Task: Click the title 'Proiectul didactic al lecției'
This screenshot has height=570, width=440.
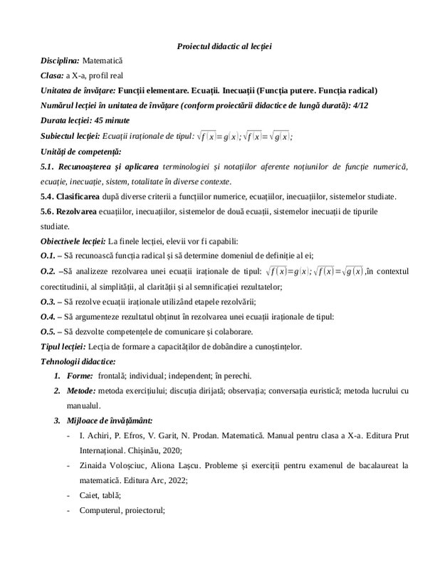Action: tap(224, 46)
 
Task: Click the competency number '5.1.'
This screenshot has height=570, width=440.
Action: tap(49, 166)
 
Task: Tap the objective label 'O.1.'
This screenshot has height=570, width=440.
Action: tap(48, 255)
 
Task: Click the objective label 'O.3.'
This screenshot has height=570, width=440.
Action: tap(48, 302)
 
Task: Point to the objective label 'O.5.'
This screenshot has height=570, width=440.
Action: tap(48, 332)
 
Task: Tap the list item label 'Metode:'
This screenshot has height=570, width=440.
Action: tap(80, 390)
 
